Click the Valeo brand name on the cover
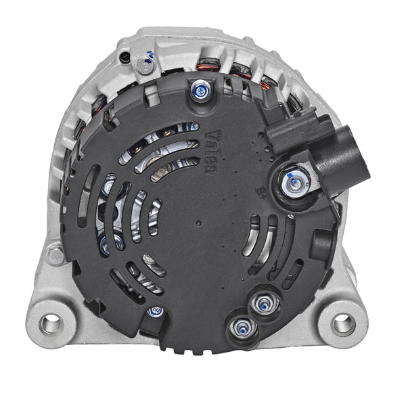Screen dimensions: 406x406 point(210,154)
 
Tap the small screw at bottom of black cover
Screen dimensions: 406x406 point(155,313)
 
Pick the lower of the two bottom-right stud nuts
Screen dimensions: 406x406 point(240,329)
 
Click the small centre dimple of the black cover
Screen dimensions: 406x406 point(198,221)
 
